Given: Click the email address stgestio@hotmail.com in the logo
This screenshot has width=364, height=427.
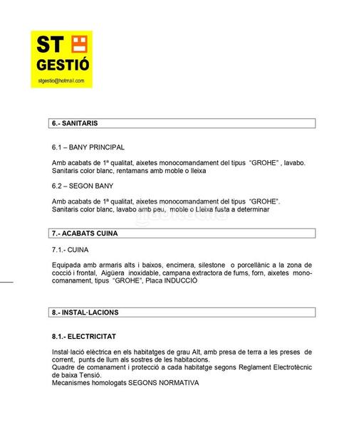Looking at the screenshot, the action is point(61,81).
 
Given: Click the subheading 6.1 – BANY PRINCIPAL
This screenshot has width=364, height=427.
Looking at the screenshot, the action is point(88,147).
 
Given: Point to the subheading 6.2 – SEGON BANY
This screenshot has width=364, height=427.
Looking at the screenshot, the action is point(83,186).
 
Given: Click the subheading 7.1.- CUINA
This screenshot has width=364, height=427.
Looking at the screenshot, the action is point(68,250).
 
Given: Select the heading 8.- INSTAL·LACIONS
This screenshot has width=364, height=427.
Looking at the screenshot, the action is point(85,312).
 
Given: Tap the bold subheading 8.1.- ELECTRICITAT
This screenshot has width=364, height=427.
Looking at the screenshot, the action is point(83,336).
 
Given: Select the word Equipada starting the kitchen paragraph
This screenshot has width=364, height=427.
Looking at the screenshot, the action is point(68,265).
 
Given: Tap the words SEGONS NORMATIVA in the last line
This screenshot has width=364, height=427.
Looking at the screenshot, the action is point(164,383).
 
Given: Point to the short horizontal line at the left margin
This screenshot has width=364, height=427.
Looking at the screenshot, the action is point(7,283).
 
